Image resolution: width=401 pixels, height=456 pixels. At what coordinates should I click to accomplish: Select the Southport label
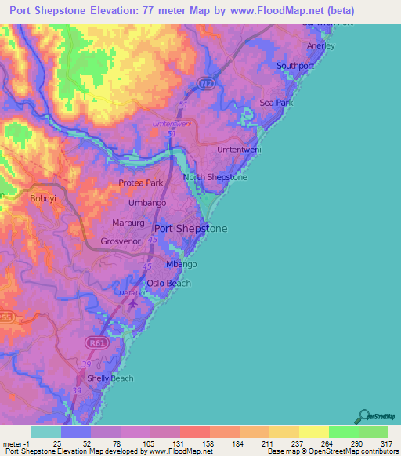point(295,66)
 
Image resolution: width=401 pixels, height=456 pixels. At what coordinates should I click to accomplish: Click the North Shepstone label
point(215,178)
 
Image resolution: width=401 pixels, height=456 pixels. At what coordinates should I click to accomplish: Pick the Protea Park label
point(140,183)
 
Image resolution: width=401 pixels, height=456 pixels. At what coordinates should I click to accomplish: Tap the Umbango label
point(147,203)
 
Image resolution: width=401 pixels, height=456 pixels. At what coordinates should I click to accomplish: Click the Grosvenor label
point(121,241)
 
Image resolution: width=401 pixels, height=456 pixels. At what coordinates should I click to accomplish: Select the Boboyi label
point(43,198)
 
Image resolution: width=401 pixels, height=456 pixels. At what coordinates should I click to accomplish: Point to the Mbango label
point(181,264)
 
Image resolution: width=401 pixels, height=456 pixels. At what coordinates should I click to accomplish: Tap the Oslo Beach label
point(168,283)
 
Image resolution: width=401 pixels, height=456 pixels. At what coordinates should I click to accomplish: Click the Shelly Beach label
point(110,378)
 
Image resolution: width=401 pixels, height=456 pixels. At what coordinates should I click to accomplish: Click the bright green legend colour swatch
point(343,432)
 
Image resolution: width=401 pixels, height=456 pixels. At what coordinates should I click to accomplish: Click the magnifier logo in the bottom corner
point(362,416)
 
